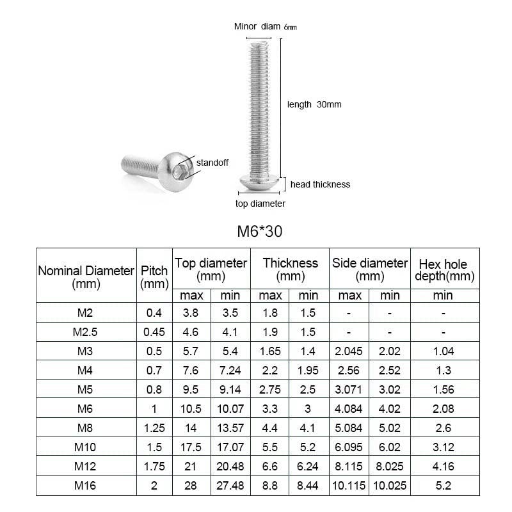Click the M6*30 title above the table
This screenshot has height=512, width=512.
point(260,232)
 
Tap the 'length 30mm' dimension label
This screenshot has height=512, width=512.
point(314,104)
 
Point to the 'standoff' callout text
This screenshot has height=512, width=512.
point(212,163)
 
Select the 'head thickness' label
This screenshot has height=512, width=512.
point(321,184)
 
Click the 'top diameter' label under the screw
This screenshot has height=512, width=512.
point(260,204)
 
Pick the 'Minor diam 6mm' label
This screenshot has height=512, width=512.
point(266,26)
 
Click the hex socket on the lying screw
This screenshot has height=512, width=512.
point(179,172)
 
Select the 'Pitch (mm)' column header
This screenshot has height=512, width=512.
point(154,277)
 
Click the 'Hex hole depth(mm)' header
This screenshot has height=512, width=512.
point(444,270)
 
